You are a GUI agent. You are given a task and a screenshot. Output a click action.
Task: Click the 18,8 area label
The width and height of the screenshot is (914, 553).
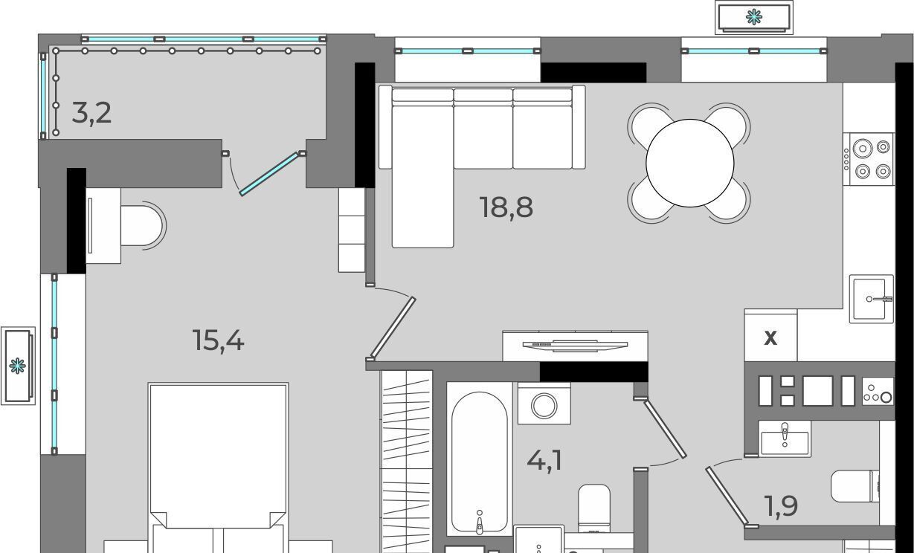pos(506,207)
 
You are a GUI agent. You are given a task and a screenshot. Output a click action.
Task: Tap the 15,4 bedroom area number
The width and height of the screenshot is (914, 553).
pos(219,341)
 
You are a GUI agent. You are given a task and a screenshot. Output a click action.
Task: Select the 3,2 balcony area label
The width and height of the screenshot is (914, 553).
pos(91,113)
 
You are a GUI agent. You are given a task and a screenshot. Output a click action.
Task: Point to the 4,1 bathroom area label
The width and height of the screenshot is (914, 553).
pos(544,462)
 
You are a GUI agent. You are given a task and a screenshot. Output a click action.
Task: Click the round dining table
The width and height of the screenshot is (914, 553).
pos(690,163)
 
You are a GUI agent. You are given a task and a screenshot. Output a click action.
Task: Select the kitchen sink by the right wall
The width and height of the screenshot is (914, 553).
pos(871,299)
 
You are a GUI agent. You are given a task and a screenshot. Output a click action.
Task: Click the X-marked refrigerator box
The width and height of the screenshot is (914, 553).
pos(770,337)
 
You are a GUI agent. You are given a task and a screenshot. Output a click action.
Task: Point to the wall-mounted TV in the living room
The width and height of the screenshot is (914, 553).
pos(576,346)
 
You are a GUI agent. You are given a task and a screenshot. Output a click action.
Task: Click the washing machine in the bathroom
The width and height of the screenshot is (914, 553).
pos(544,404)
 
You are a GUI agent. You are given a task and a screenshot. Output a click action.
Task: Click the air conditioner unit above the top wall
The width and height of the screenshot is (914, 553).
pos(754,18)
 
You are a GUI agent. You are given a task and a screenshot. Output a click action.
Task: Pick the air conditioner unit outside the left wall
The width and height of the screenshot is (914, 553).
pos(18,366)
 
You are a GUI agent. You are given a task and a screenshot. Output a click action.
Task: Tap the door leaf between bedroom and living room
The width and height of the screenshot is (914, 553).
pos(393,327)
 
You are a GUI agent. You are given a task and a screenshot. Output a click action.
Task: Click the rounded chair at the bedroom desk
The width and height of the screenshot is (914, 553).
pos(143,225)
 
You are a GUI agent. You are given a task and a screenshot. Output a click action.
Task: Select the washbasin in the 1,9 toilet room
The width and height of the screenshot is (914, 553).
pos(785,439)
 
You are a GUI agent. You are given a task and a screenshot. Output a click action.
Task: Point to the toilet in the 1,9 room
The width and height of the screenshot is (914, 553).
pos(855,487)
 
